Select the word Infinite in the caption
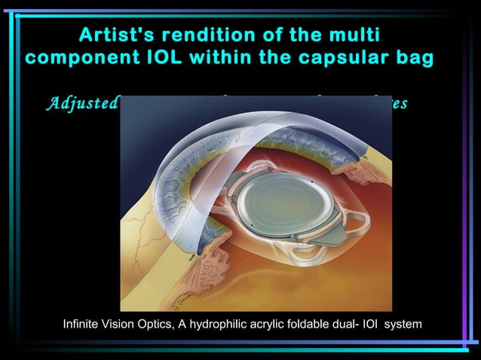tap(84, 324)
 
